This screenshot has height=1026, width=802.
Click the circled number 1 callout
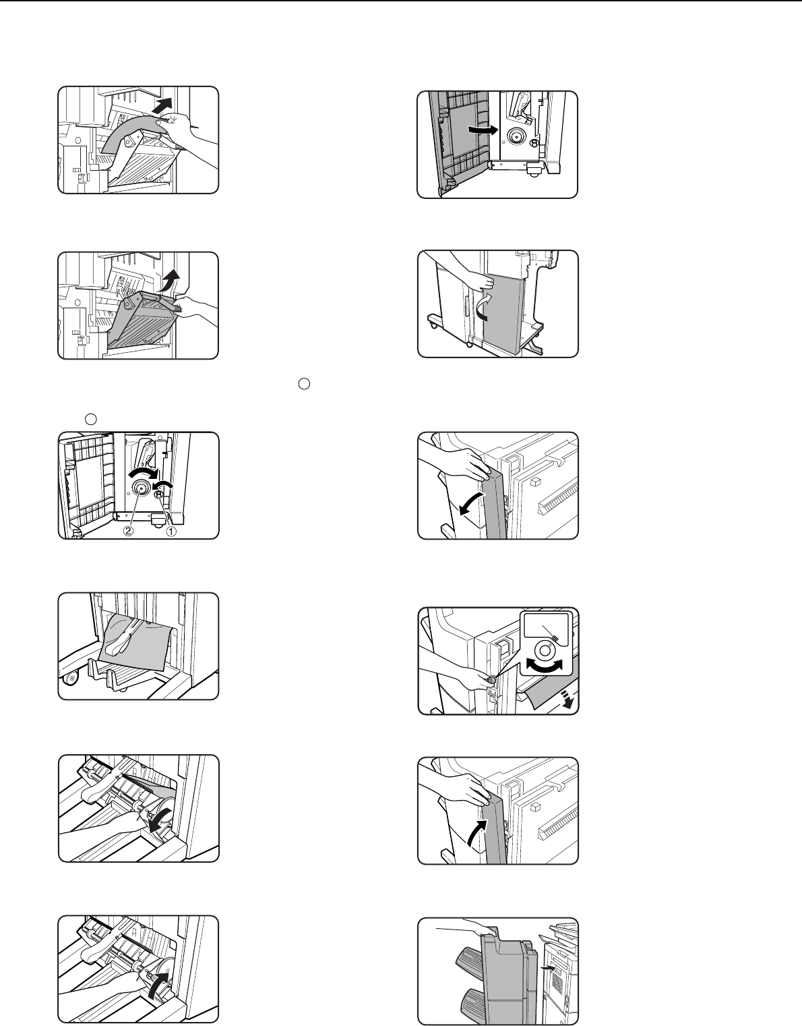point(171,531)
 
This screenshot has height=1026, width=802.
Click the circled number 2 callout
point(128,531)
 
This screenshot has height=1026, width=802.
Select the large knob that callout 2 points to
point(140,488)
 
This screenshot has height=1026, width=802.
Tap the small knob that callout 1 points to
point(159,494)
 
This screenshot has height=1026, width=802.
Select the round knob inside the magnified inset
point(545,650)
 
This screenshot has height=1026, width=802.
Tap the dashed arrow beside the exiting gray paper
point(569,700)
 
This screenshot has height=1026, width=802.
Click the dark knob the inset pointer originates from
point(491,679)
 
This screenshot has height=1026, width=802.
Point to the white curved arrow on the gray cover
point(485,308)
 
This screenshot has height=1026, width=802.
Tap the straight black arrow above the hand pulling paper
point(163,106)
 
